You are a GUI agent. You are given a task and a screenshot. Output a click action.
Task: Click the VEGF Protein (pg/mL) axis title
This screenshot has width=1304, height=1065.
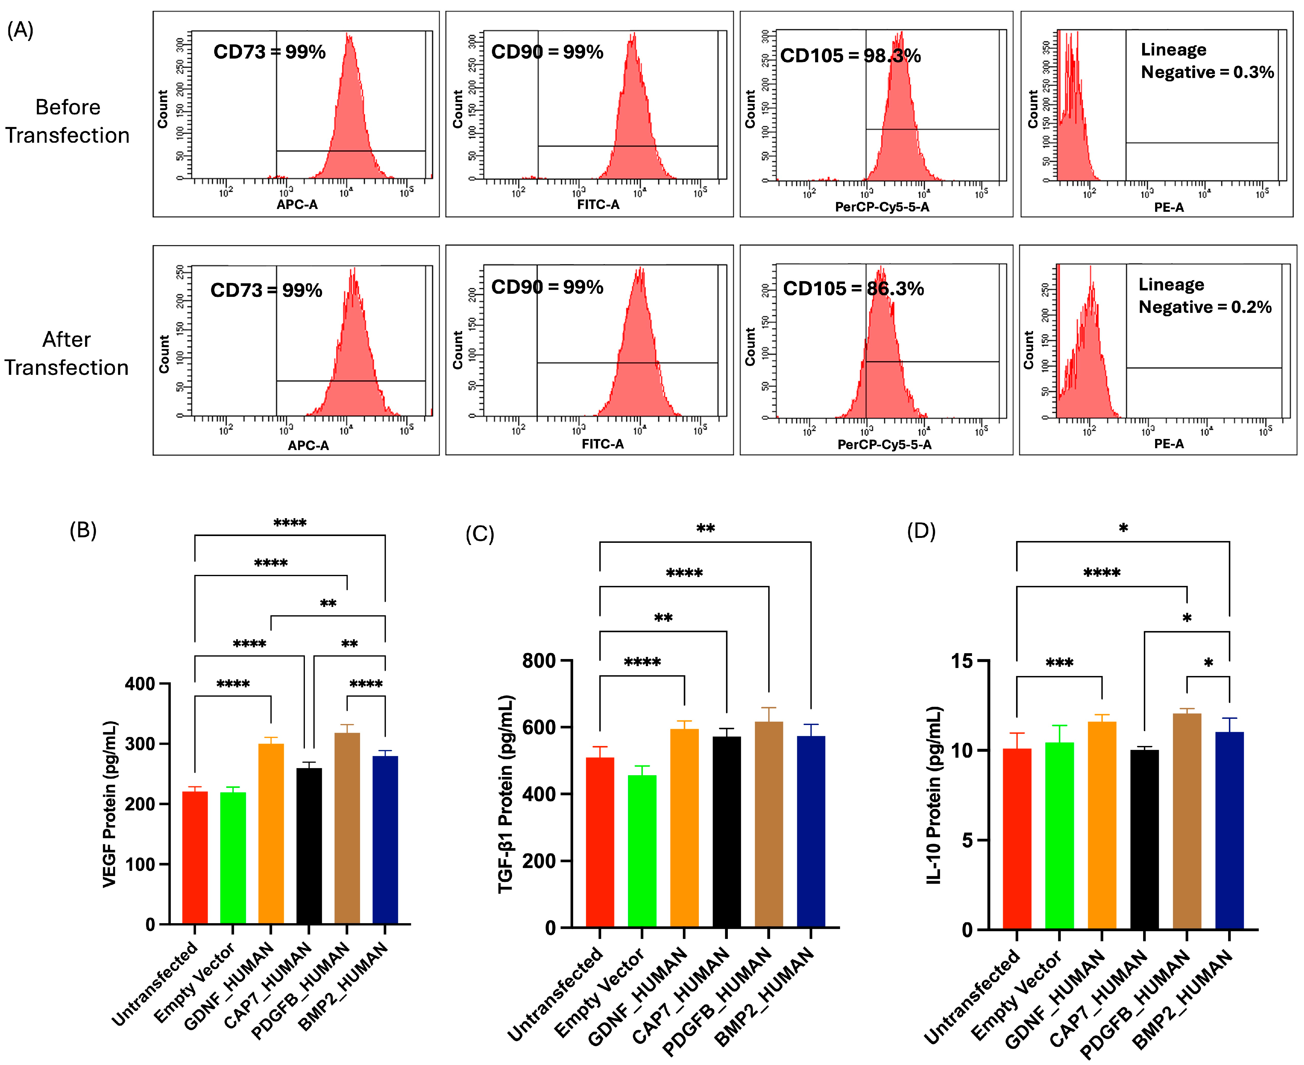(x=109, y=804)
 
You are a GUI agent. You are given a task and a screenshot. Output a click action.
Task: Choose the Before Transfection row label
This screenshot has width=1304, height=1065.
(x=68, y=121)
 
